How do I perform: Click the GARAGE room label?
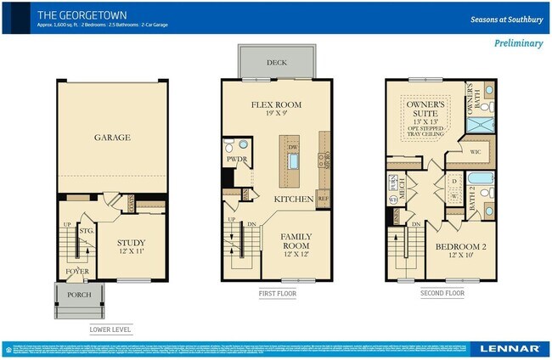click(111, 138)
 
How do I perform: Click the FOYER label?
click(78, 272)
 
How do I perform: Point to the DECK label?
click(276, 63)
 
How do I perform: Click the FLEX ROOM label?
click(276, 104)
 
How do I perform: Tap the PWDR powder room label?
click(235, 159)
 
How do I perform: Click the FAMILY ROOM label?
click(296, 241)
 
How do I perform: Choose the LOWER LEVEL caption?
click(111, 329)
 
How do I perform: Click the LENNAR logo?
click(509, 348)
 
